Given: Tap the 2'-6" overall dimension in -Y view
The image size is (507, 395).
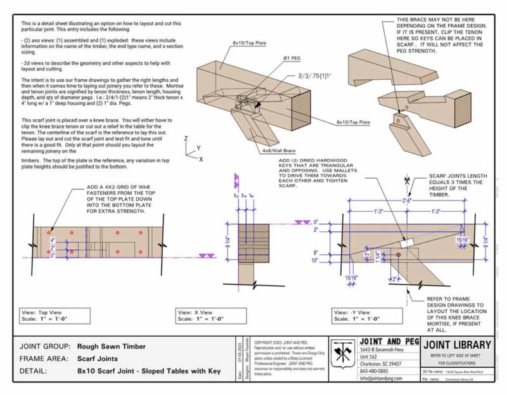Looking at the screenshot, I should (x=405, y=200).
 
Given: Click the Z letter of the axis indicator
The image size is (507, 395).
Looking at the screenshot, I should (x=185, y=138).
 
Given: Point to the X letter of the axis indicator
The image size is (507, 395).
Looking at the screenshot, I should (x=201, y=160).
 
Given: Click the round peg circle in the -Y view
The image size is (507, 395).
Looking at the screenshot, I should (x=398, y=255).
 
